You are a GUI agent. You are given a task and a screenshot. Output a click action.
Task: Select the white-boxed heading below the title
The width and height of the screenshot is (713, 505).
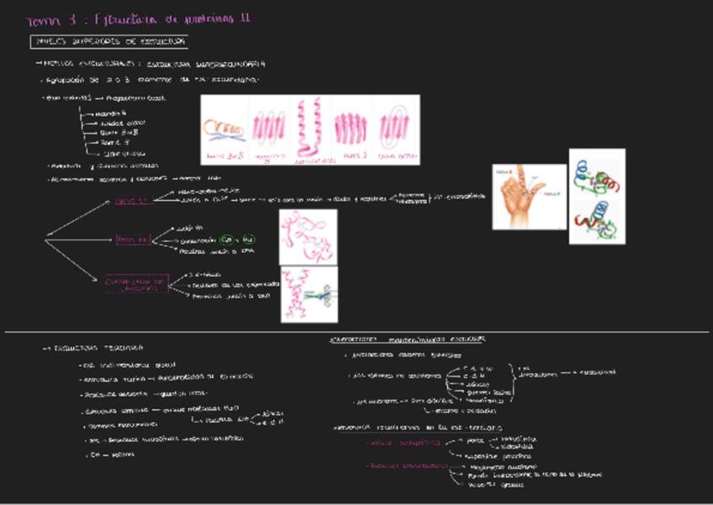pyautogui.click(x=109, y=40)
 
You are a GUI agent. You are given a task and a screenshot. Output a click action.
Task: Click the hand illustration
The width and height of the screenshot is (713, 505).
pyautogui.click(x=517, y=197)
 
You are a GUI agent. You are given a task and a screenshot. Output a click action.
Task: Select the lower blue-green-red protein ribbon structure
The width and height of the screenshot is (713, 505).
pyautogui.click(x=596, y=219)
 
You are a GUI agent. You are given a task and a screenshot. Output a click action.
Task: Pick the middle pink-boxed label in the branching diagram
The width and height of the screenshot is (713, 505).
pyautogui.click(x=134, y=239)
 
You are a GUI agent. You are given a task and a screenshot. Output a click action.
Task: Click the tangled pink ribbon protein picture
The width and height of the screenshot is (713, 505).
pyautogui.click(x=308, y=237)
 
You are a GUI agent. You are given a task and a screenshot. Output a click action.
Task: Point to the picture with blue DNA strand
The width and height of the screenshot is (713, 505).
pyautogui.click(x=309, y=294)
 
